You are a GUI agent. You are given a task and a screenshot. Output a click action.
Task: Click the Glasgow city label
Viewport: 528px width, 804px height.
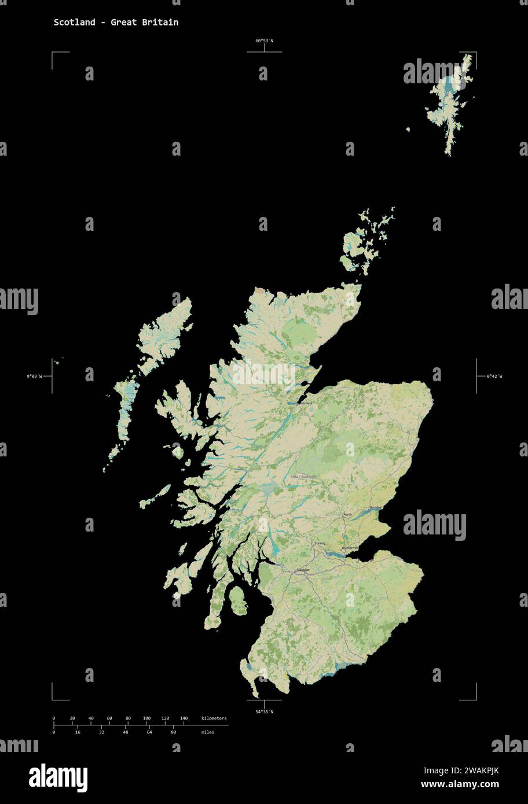coord(303,570)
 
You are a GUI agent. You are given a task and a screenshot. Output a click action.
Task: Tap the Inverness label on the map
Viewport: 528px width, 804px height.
coord(304,403)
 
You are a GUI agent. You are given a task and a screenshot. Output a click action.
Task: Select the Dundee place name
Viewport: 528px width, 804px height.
coord(375,507)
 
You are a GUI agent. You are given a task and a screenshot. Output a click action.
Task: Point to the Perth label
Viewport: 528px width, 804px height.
coord(347,514)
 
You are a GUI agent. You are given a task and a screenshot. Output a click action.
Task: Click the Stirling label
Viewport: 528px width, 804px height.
coord(320,544)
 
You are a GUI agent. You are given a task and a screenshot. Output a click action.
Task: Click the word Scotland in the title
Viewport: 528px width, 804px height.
coord(75,23)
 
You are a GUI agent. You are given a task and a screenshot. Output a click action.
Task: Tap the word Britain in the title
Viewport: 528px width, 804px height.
coord(162,23)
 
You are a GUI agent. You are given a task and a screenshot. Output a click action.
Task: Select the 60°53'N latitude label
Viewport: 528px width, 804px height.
coord(264,41)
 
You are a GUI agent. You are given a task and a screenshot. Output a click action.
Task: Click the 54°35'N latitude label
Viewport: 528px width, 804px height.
coord(264,711)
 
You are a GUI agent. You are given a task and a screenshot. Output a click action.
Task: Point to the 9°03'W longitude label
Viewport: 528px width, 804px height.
coord(34,377)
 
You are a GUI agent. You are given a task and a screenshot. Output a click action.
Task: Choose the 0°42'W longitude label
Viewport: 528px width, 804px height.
coord(494,377)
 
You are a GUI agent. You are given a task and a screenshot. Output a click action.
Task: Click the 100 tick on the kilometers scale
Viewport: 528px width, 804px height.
coord(146,718)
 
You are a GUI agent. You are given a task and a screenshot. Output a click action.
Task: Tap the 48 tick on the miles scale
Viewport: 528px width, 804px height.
coord(125,732)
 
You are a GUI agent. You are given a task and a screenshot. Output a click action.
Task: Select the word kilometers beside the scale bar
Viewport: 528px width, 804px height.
coord(214,718)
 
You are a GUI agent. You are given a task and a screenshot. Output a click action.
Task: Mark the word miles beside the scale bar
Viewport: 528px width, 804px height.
coord(207,732)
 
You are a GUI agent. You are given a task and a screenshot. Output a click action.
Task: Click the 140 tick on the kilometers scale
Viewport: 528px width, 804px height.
coord(184,718)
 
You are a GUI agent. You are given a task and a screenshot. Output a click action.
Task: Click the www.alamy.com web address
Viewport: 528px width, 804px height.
coord(460,784)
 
